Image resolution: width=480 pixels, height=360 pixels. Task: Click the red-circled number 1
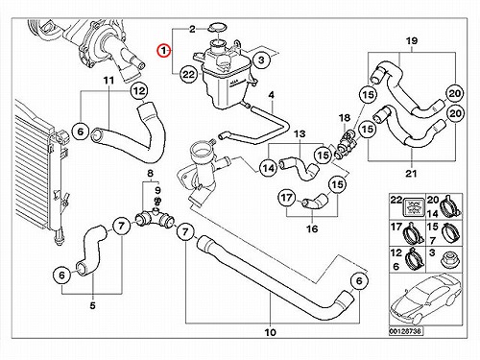point(163,50)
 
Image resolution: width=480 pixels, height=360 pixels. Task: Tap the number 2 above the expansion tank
point(192,30)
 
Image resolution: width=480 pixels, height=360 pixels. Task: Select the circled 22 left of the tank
point(188,74)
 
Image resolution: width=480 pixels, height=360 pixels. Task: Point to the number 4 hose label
point(272,95)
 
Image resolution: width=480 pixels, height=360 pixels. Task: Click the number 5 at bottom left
point(92,305)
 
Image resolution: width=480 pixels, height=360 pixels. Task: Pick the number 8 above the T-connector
point(150,174)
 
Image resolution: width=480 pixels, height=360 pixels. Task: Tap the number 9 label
point(157,191)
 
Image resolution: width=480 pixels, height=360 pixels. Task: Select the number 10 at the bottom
point(271,332)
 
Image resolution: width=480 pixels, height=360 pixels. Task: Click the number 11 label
point(108,81)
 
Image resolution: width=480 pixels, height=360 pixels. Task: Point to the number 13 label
point(300,133)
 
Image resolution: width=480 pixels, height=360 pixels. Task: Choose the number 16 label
point(312,228)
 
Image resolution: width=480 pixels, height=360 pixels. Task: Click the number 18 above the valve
point(345,118)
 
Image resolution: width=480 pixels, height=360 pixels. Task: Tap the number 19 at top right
point(412,41)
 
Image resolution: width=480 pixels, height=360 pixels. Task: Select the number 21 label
point(411,174)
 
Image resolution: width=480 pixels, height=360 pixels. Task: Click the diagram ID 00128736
point(405,331)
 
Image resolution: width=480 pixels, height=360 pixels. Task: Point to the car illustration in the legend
point(425,300)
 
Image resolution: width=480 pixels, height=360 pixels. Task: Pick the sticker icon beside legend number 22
point(414,206)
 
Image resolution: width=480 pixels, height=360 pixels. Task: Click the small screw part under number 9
point(157,202)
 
